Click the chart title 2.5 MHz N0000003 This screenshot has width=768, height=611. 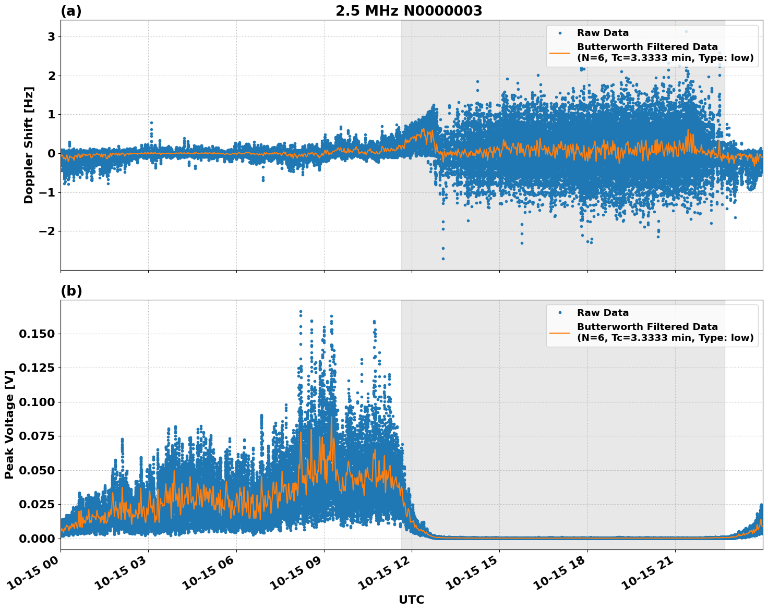pyautogui.click(x=409, y=11)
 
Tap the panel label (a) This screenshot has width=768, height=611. pyautogui.click(x=71, y=11)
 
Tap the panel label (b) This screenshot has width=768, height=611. pyautogui.click(x=71, y=291)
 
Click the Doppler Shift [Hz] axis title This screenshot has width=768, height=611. pyautogui.click(x=29, y=145)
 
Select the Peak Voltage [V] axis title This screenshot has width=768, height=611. pyautogui.click(x=9, y=424)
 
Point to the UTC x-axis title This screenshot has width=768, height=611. pyautogui.click(x=411, y=600)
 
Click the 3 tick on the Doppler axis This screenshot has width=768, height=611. pyautogui.click(x=51, y=36)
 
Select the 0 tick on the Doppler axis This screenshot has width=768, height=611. pyautogui.click(x=51, y=153)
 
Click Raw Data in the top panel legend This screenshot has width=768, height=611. pyautogui.click(x=603, y=33)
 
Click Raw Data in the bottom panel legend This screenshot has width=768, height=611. pyautogui.click(x=603, y=313)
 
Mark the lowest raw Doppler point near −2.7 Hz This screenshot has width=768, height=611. pyautogui.click(x=443, y=259)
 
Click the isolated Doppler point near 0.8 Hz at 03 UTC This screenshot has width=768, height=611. pyautogui.click(x=151, y=123)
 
